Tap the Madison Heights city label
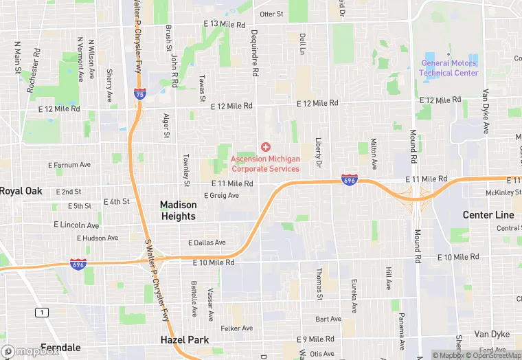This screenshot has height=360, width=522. pos(178,210)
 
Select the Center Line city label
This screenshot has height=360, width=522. pos(488,215)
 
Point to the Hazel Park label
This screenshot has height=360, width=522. pos(184,339)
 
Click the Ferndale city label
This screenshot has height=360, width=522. pos(60,348)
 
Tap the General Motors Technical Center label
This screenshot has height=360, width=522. pos(449,68)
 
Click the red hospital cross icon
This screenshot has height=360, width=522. pos(266,147)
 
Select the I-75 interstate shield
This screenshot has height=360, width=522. pos(139,94)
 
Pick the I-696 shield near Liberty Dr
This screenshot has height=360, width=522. pos(349,180)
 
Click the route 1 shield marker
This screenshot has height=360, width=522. pos(43,313)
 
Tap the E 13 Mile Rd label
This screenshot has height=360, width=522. pos(224,25)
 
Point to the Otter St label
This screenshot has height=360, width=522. pos(271,14)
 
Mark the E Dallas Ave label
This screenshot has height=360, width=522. pos(207,243)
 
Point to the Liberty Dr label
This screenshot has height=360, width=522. pos(318,152)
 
